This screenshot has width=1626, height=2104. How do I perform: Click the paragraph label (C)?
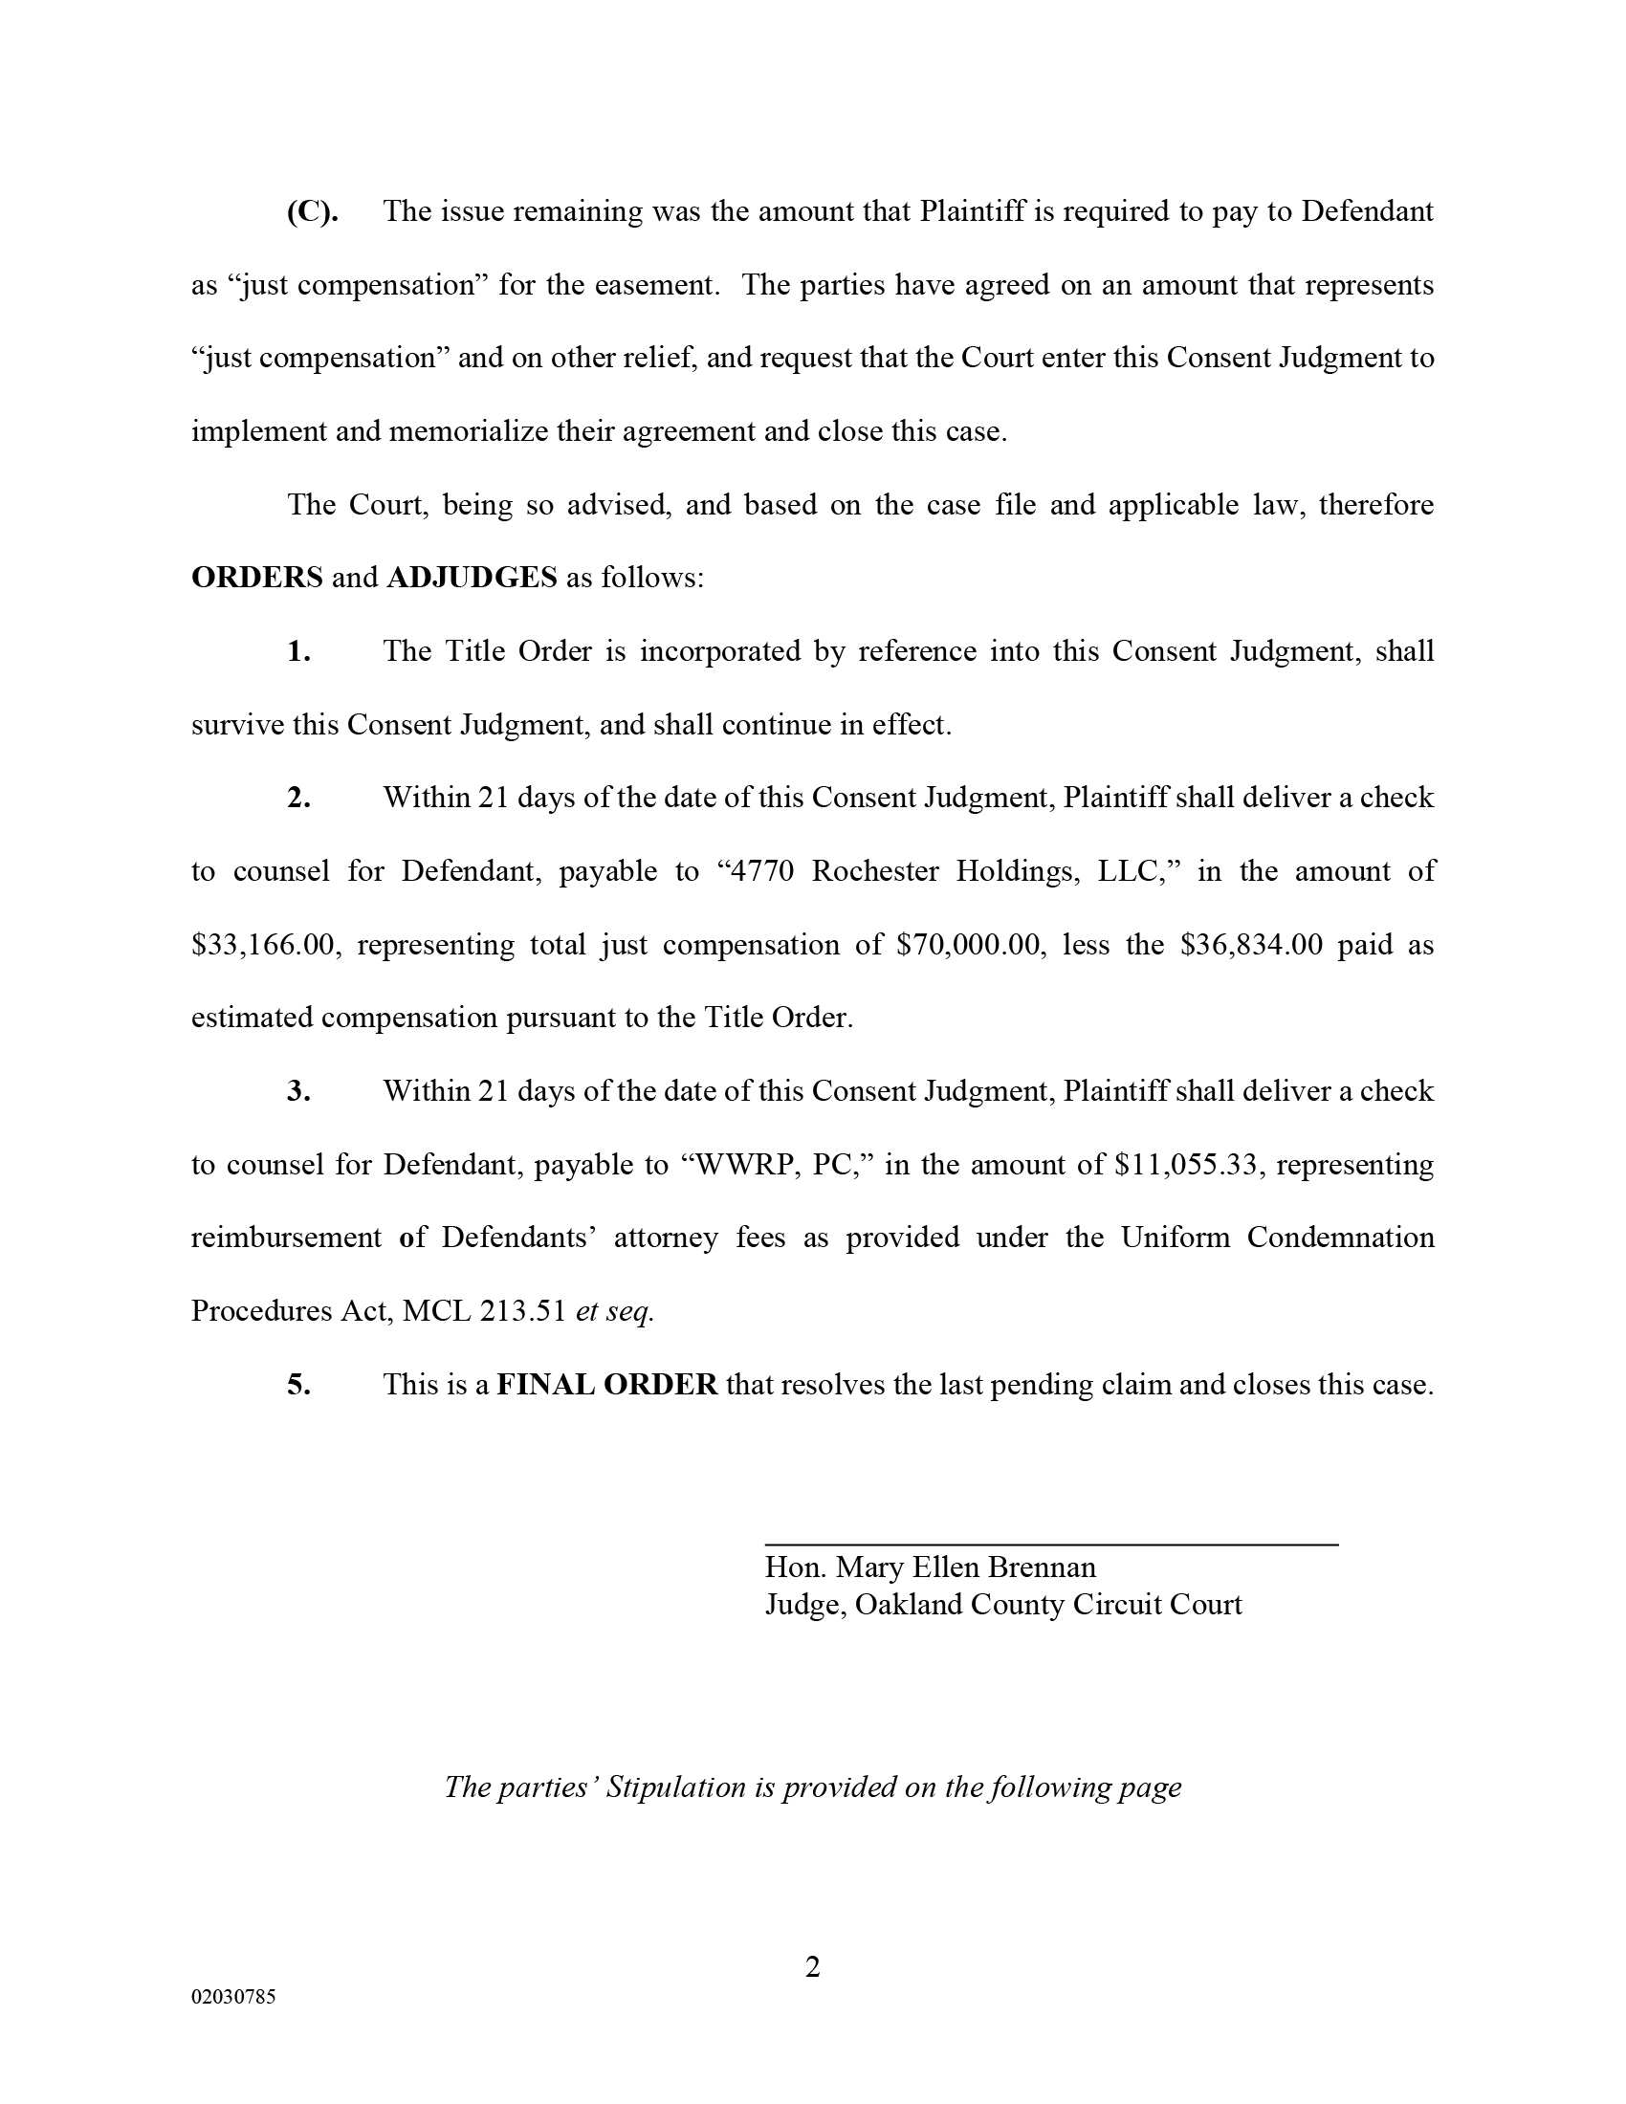312,212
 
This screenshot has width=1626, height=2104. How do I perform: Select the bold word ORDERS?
257,578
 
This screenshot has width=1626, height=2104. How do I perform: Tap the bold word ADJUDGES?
471,578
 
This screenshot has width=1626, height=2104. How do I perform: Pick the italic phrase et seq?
615,1311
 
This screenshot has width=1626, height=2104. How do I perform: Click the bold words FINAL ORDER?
606,1386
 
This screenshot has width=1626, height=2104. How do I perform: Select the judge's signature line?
1051,1545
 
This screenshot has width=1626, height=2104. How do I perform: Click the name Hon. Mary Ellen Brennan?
930,1567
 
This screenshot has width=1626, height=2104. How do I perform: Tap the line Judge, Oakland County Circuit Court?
1002,1604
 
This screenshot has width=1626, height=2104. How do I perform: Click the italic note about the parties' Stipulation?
812,1787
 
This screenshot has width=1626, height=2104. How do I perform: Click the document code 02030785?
233,1997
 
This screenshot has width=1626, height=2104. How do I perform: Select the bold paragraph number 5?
298,1386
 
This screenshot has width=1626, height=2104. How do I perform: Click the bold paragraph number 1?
298,652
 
